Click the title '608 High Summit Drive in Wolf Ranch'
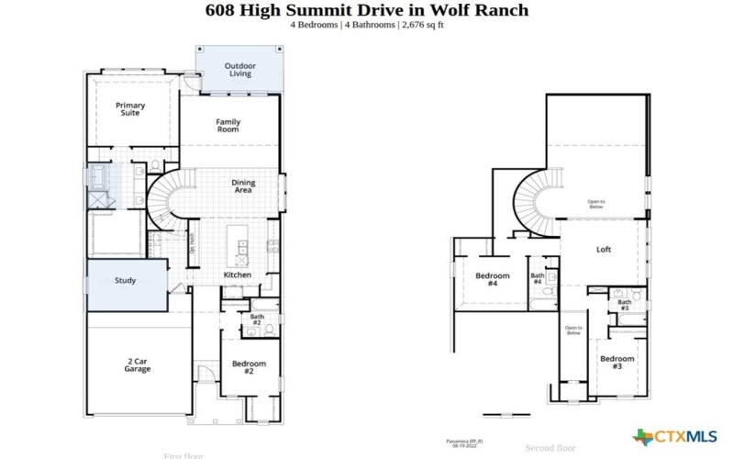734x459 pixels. click(366, 10)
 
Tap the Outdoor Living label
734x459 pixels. click(240, 70)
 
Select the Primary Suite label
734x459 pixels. click(130, 109)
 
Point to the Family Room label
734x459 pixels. click(228, 126)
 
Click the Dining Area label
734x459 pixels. click(243, 186)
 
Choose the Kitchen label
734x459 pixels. click(238, 274)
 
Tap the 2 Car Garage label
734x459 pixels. click(138, 365)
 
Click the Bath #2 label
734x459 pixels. click(257, 320)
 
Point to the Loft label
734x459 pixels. click(604, 249)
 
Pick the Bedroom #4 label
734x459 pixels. click(492, 280)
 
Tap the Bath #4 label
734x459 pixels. click(538, 279)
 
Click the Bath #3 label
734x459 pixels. click(624, 305)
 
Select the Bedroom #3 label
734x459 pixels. click(617, 362)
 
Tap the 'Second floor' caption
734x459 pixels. click(550, 448)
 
